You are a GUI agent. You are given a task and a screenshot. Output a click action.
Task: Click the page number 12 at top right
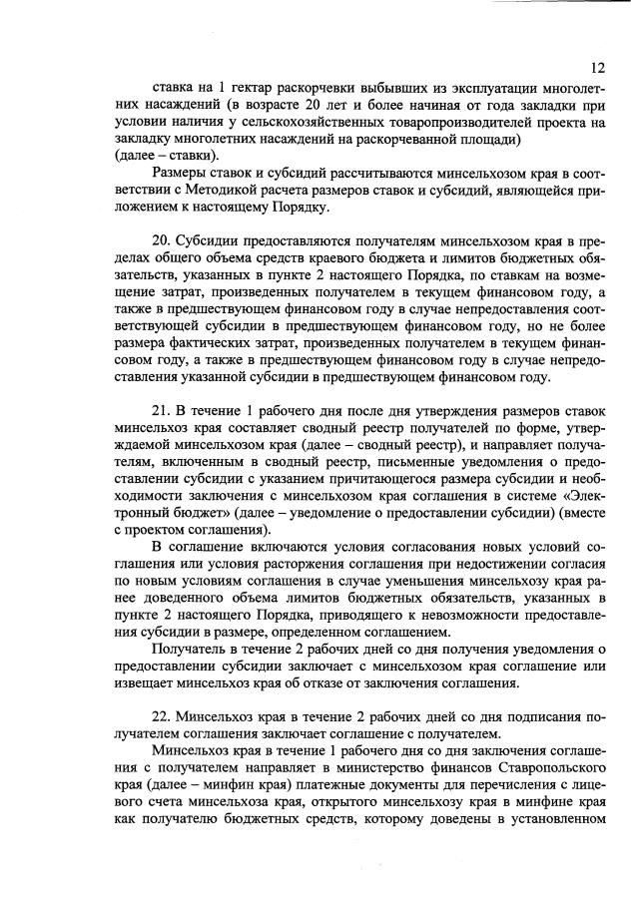click(x=598, y=68)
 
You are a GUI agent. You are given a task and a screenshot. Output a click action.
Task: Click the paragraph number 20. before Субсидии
click(x=162, y=244)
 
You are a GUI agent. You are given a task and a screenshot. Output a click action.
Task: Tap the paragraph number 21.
click(x=162, y=410)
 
